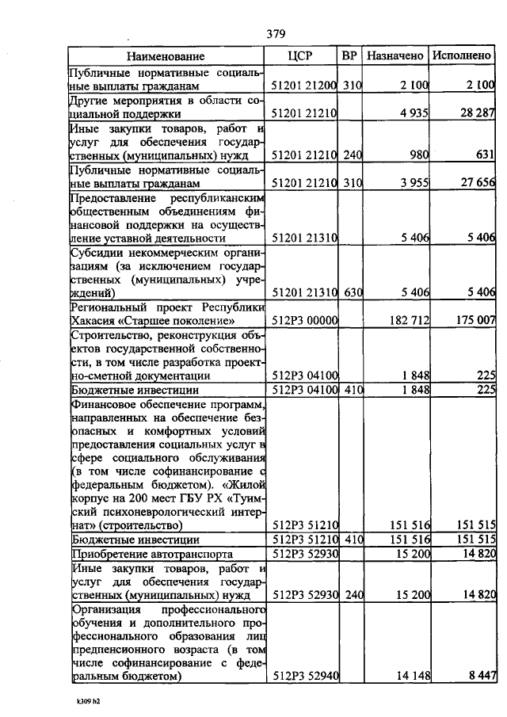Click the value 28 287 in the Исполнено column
477,113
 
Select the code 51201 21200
304,85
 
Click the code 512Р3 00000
305,321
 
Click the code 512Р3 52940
305,676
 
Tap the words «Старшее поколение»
188,321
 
